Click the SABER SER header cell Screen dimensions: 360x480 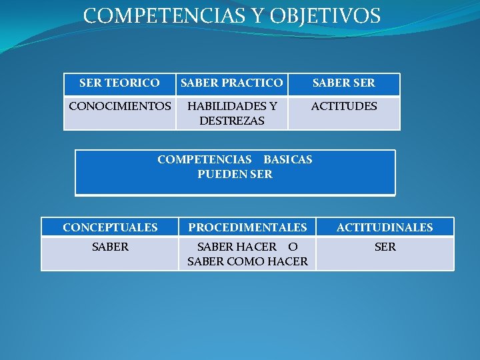344,83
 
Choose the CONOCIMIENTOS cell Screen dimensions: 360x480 119,106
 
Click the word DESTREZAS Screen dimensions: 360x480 232,121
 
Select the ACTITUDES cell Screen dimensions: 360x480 344,106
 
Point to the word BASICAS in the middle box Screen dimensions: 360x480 288,159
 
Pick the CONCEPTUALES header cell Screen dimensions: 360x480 110,227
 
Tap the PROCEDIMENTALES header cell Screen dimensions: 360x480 247,227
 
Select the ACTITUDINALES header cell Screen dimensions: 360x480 385,227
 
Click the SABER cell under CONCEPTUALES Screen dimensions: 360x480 110,247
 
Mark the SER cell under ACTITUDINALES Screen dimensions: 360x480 385,247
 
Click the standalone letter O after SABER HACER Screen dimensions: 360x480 293,247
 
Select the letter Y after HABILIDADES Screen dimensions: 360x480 273,106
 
